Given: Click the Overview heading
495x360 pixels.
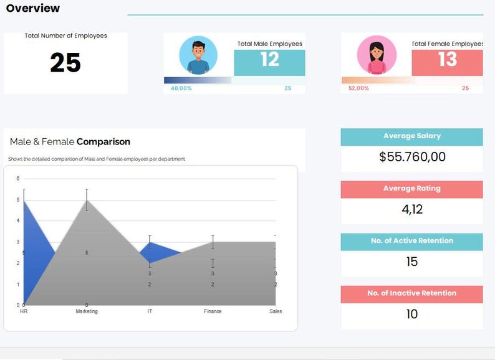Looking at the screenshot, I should pos(33,9).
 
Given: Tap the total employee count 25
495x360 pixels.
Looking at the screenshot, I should pos(65,63).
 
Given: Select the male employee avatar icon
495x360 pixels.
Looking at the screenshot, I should pos(198,55).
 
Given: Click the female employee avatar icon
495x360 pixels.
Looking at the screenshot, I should pos(377,55).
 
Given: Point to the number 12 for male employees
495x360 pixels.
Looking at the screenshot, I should pos(269,60).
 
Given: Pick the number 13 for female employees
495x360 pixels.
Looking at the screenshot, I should pos(447,60).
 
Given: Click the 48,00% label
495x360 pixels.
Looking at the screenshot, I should pos(181,88).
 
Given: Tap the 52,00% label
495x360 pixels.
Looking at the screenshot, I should pos(358,88).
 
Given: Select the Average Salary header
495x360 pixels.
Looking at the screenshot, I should pos(411,136).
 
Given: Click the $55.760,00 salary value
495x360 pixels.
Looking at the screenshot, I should pos(412,157).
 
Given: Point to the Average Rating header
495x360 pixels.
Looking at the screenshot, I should pos(411,189).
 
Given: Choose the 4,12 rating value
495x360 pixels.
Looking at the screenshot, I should pos(412,209).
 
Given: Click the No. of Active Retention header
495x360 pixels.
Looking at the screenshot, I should pos(411,241).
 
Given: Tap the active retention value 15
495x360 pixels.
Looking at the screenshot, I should pos(412,262).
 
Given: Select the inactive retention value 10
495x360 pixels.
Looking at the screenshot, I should pos(412,314).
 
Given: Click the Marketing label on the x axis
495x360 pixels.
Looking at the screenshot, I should pos(87,311).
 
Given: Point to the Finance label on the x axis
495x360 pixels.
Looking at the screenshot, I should pos(213,311).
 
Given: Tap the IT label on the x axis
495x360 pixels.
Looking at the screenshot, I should pos(150,311).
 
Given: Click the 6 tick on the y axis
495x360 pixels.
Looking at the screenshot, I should pos(17,179).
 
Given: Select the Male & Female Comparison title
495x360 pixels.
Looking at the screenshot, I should pos(70,142).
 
